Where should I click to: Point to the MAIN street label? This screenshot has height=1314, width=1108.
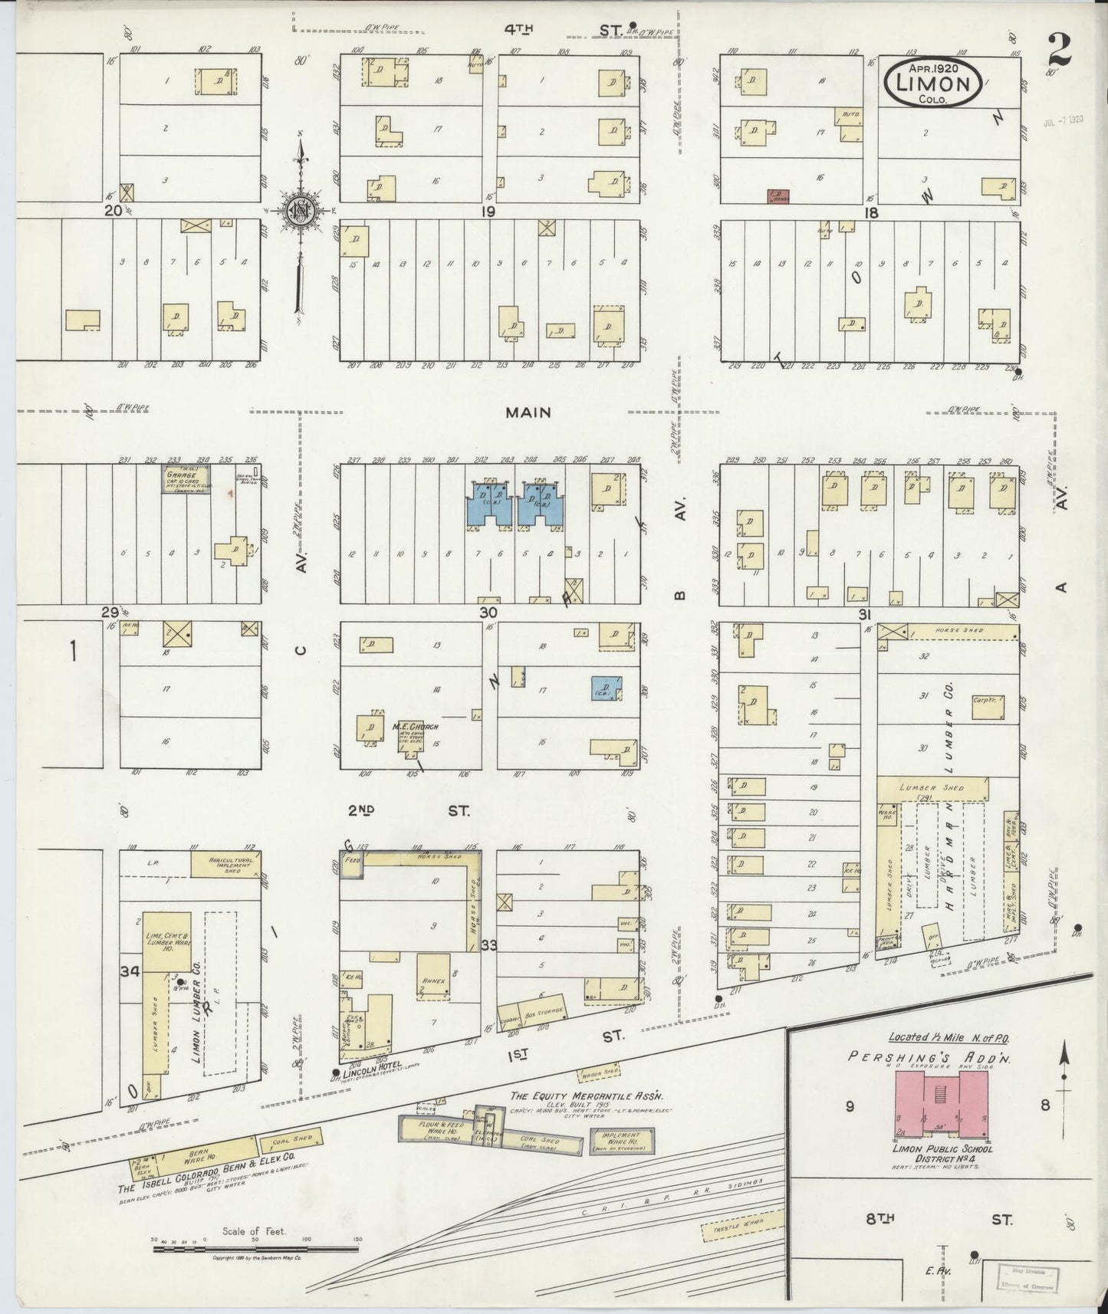pos(528,412)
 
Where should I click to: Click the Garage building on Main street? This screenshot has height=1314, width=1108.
pos(185,481)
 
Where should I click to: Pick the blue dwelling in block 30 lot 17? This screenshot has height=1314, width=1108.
pos(606,688)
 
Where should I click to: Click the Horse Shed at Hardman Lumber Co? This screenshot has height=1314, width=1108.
pos(962,632)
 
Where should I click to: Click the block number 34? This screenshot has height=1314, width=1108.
pos(130,971)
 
